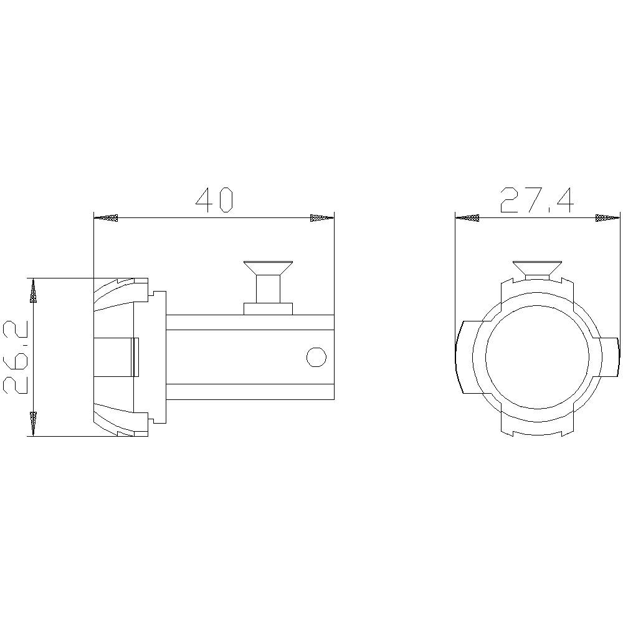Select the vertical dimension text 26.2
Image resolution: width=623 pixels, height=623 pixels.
pyautogui.click(x=16, y=356)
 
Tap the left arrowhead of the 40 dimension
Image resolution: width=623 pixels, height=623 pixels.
pyautogui.click(x=106, y=218)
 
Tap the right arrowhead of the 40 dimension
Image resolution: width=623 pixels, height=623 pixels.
pyautogui.click(x=321, y=218)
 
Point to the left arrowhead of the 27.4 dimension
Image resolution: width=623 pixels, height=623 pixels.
pyautogui.click(x=467, y=218)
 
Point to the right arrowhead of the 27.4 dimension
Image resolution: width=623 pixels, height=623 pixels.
pyautogui.click(x=607, y=218)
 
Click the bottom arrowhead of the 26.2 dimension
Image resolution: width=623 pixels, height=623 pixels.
pyautogui.click(x=33, y=423)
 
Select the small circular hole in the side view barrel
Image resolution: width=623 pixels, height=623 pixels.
pyautogui.click(x=316, y=357)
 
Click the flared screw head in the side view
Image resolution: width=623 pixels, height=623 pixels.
pyautogui.click(x=268, y=267)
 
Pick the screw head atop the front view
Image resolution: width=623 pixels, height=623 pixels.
pyautogui.click(x=537, y=267)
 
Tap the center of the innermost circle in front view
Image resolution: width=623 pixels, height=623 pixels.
pyautogui.click(x=537, y=357)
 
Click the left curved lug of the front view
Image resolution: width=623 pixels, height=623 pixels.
pyautogui.click(x=465, y=357)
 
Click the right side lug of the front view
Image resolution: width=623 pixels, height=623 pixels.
pyautogui.click(x=611, y=357)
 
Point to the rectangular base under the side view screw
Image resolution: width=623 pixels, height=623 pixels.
pyautogui.click(x=268, y=308)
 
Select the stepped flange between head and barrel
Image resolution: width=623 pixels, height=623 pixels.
pyautogui.click(x=158, y=357)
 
